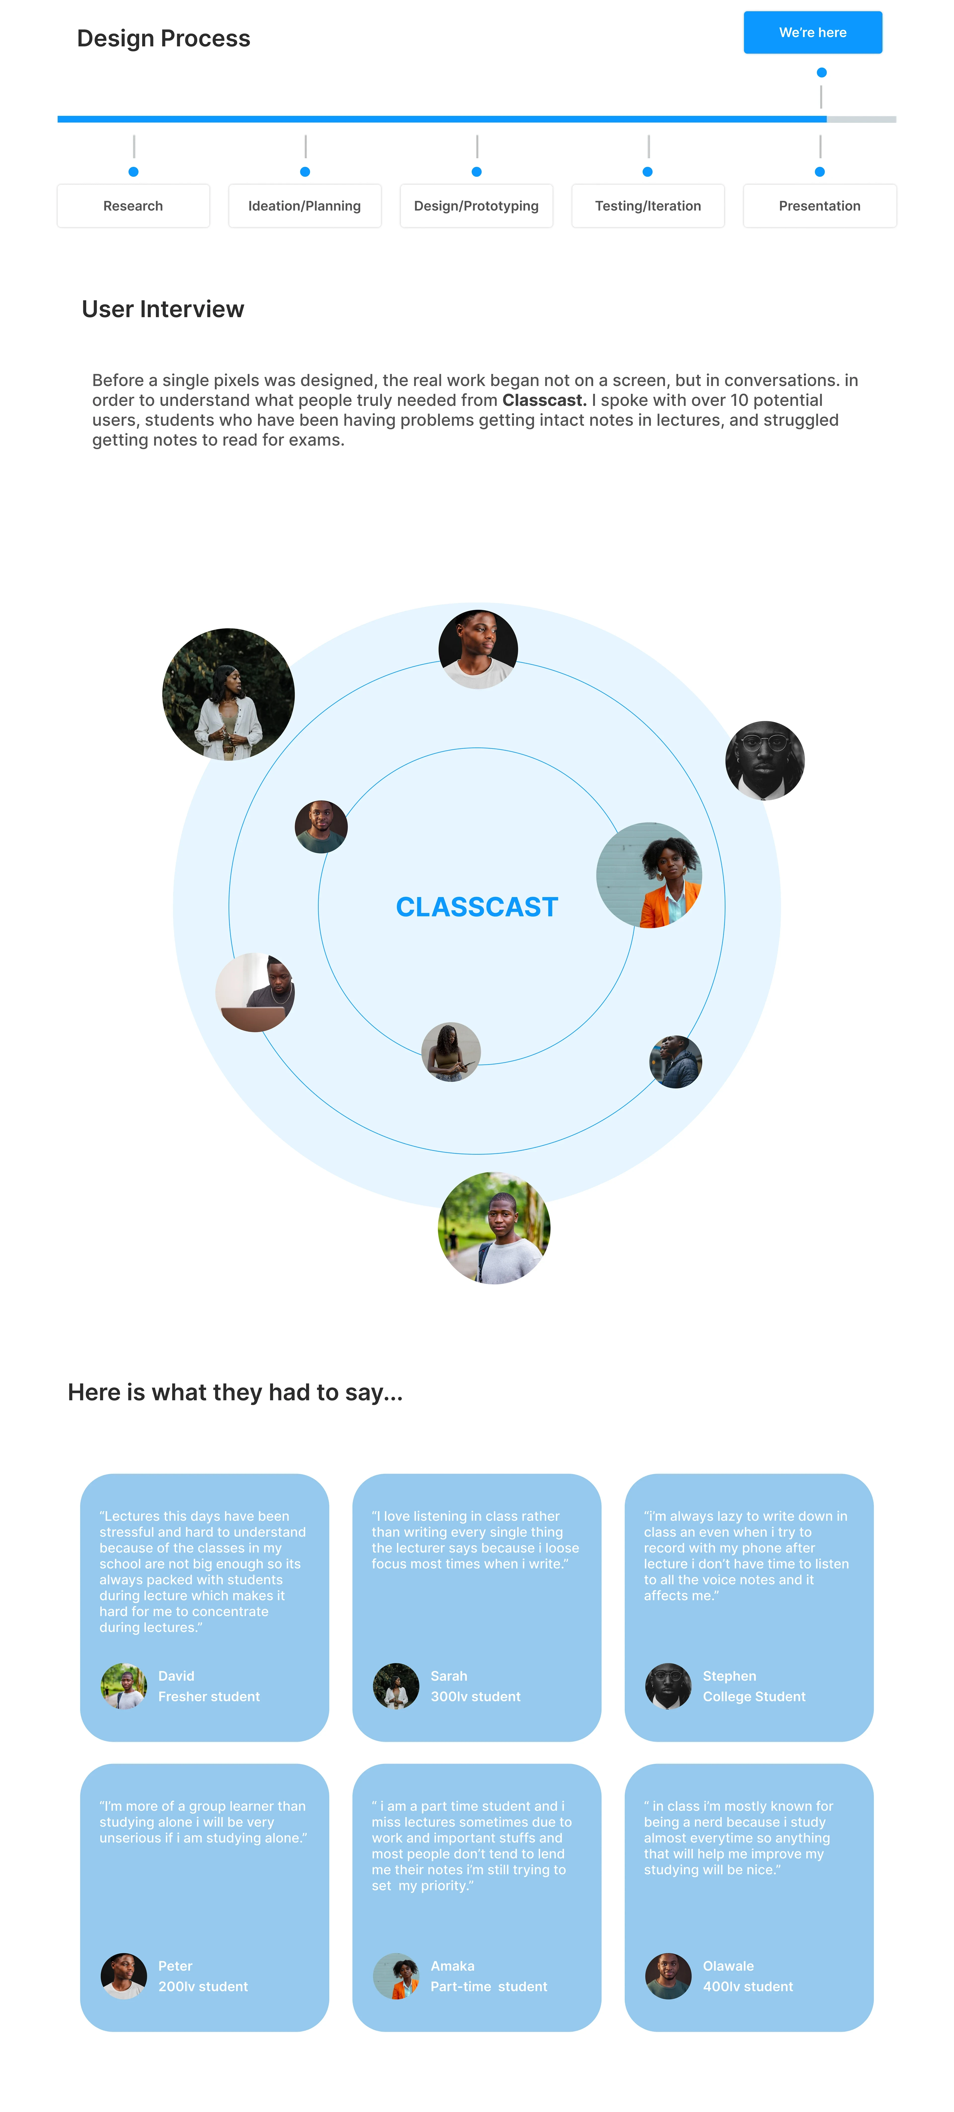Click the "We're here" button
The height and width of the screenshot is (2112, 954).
point(812,33)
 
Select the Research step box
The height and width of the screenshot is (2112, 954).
point(133,206)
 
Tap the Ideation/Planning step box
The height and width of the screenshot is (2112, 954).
point(304,206)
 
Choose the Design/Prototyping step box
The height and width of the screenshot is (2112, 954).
point(476,206)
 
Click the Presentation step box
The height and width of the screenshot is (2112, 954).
point(820,206)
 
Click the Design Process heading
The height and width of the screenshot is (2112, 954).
point(163,38)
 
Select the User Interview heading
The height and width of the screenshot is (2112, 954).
point(162,309)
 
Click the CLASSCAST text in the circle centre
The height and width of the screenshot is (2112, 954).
point(477,907)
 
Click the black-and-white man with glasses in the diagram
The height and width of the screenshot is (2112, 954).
point(764,760)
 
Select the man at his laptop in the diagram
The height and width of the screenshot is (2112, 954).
point(255,992)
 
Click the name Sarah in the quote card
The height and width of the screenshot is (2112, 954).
point(449,1676)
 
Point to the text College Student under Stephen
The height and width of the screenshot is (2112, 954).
point(754,1696)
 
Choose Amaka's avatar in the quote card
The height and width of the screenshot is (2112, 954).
point(395,1976)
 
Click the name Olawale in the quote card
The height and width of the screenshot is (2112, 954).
point(728,1966)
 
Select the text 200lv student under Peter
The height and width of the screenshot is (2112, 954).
point(203,1987)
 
